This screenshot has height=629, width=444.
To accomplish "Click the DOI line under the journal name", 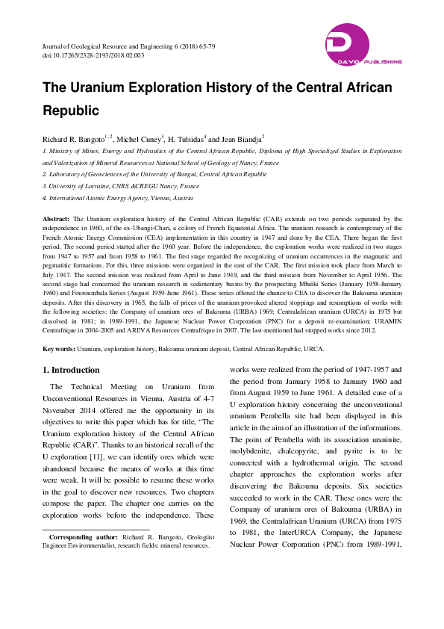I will click(x=93, y=56).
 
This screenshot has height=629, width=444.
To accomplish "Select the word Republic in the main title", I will click(x=71, y=111).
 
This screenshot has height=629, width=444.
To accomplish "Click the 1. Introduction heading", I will click(x=71, y=370).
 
